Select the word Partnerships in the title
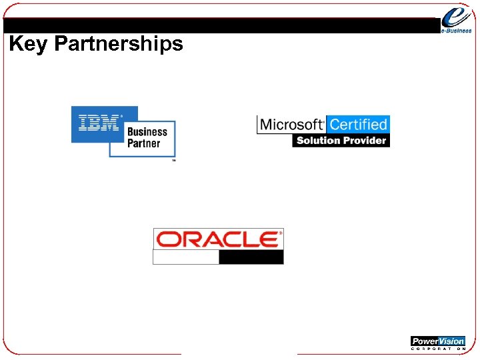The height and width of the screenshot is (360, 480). click(x=118, y=45)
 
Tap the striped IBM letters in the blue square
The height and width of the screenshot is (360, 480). click(x=99, y=123)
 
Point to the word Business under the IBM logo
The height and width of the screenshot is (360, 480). click(x=147, y=132)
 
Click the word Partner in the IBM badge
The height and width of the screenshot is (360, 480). click(x=143, y=143)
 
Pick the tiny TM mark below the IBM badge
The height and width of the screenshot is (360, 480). click(x=174, y=161)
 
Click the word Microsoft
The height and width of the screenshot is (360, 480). click(x=291, y=125)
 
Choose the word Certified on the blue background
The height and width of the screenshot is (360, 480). click(x=358, y=125)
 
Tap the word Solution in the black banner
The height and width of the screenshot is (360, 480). click(x=318, y=141)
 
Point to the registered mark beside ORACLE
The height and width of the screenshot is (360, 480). click(x=281, y=232)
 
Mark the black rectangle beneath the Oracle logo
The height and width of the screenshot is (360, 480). click(x=251, y=257)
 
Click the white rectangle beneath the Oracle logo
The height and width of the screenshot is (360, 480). click(x=186, y=257)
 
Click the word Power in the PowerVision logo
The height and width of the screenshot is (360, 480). click(x=425, y=341)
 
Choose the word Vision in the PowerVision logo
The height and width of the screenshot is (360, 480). click(x=451, y=341)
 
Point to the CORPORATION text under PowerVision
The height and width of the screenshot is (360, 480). click(x=437, y=349)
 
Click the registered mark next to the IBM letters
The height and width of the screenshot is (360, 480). click(x=121, y=116)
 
